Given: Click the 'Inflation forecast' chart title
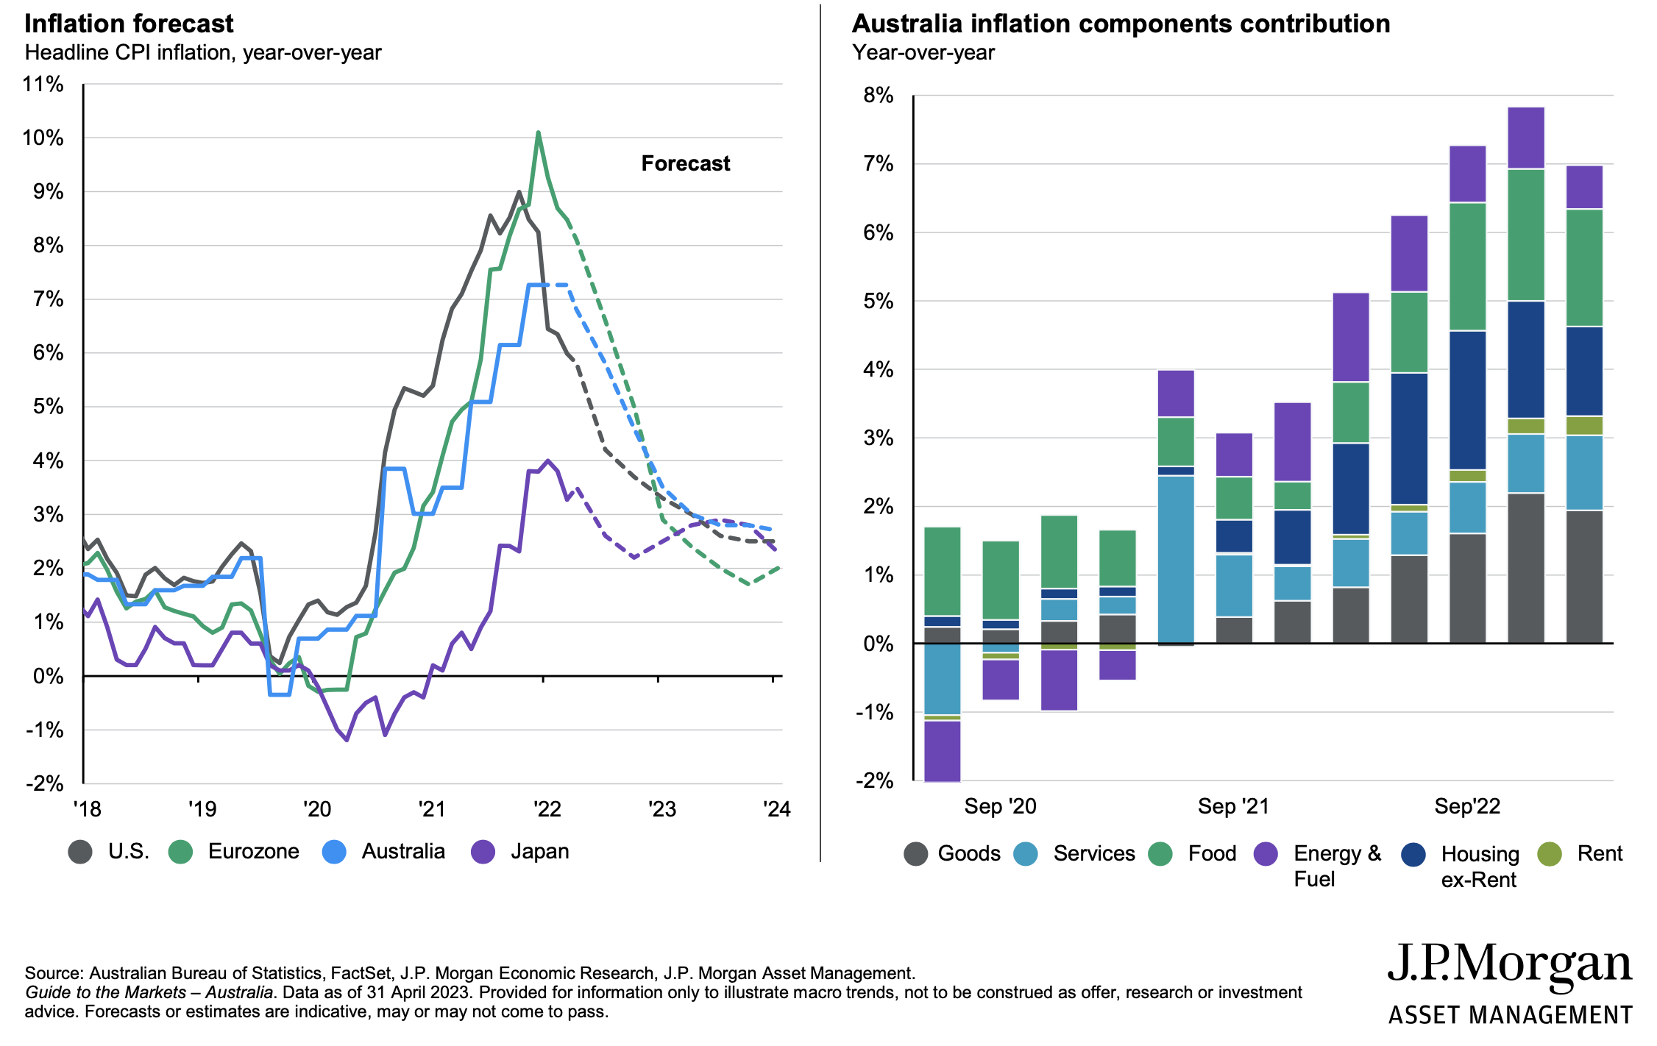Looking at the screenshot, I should click(129, 24).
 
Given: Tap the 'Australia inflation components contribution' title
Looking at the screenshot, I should click(1121, 24).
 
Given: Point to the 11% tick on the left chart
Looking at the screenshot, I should click(43, 85).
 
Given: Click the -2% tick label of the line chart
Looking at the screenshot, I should click(44, 783).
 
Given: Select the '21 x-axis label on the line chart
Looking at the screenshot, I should click(431, 809).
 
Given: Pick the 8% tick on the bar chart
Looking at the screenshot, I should click(879, 96).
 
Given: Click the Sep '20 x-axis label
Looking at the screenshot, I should click(1000, 806).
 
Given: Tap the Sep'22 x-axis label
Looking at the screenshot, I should click(1466, 806).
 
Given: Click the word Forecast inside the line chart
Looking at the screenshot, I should click(685, 163).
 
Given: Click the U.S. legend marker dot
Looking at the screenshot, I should click(80, 852).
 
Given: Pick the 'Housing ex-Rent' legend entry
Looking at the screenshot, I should click(1479, 866).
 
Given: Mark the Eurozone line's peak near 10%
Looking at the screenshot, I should click(539, 133).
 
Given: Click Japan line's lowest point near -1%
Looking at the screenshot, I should click(347, 740).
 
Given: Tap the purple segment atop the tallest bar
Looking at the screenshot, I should click(1525, 138).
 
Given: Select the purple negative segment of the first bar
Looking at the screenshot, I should click(942, 750).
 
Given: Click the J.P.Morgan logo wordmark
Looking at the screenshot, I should click(1509, 964).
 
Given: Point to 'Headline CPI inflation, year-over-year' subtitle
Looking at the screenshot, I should click(203, 53).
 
